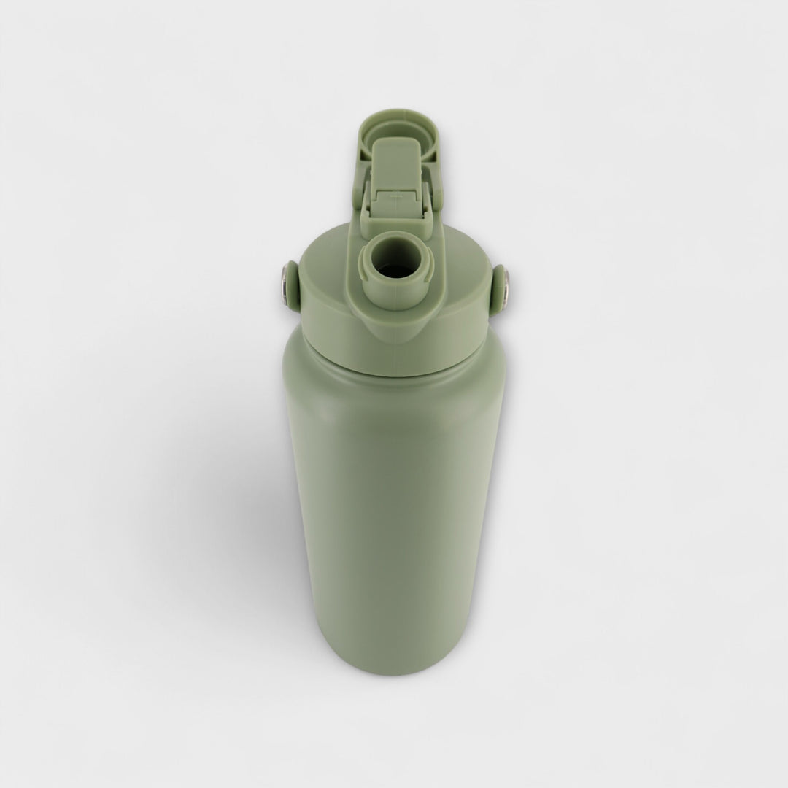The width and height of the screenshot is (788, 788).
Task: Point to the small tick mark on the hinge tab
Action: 395,196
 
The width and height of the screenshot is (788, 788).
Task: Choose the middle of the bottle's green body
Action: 395,511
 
